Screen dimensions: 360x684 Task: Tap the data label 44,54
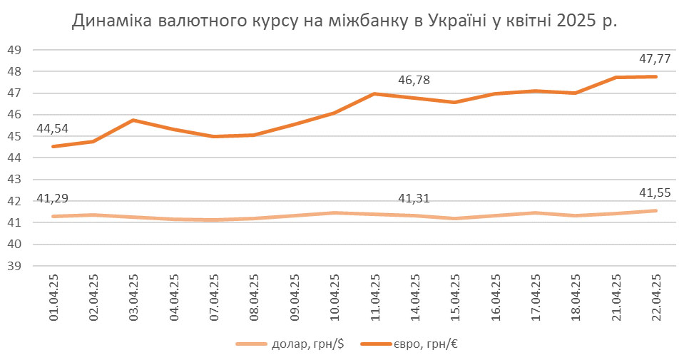(x=53, y=129)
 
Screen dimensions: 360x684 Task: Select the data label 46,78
(x=414, y=80)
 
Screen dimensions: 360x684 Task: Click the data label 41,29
(x=53, y=199)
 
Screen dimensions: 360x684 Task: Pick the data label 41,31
(x=414, y=199)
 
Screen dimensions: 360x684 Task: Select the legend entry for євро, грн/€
(x=414, y=344)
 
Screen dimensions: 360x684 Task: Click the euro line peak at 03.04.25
(x=133, y=120)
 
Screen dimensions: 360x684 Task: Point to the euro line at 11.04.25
(x=374, y=93)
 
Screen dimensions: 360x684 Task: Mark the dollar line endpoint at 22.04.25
(x=655, y=210)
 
